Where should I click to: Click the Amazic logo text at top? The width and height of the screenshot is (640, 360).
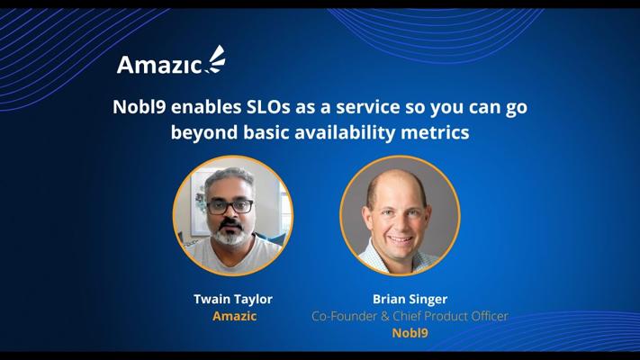pyautogui.click(x=159, y=65)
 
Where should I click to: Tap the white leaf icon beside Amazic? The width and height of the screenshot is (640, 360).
pyautogui.click(x=216, y=59)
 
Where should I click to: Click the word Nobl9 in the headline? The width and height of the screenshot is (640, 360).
pyautogui.click(x=140, y=107)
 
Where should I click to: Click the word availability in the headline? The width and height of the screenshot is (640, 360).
pyautogui.click(x=345, y=133)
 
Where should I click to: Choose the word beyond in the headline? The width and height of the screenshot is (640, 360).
pyautogui.click(x=204, y=133)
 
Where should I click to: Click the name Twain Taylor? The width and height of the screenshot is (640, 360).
pyautogui.click(x=233, y=299)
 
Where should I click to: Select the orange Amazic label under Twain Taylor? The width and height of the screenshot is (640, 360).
pyautogui.click(x=235, y=316)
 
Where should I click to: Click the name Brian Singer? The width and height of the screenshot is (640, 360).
pyautogui.click(x=410, y=299)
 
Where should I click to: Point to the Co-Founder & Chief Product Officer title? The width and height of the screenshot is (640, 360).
pyautogui.click(x=410, y=316)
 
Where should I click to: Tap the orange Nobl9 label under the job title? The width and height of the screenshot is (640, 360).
pyautogui.click(x=410, y=333)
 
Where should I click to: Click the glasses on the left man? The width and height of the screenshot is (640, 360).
pyautogui.click(x=230, y=206)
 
